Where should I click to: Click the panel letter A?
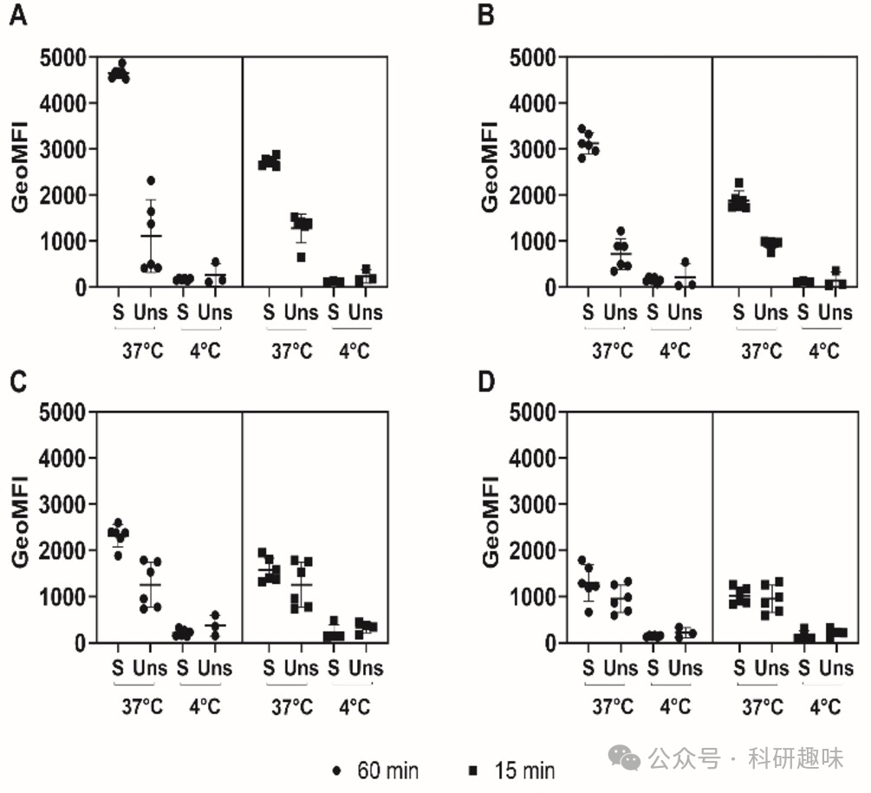(17, 17)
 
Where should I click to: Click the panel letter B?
(487, 17)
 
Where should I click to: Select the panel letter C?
(17, 382)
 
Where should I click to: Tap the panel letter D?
(488, 382)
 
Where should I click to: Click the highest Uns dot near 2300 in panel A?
(151, 181)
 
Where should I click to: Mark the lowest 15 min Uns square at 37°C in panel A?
(301, 257)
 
